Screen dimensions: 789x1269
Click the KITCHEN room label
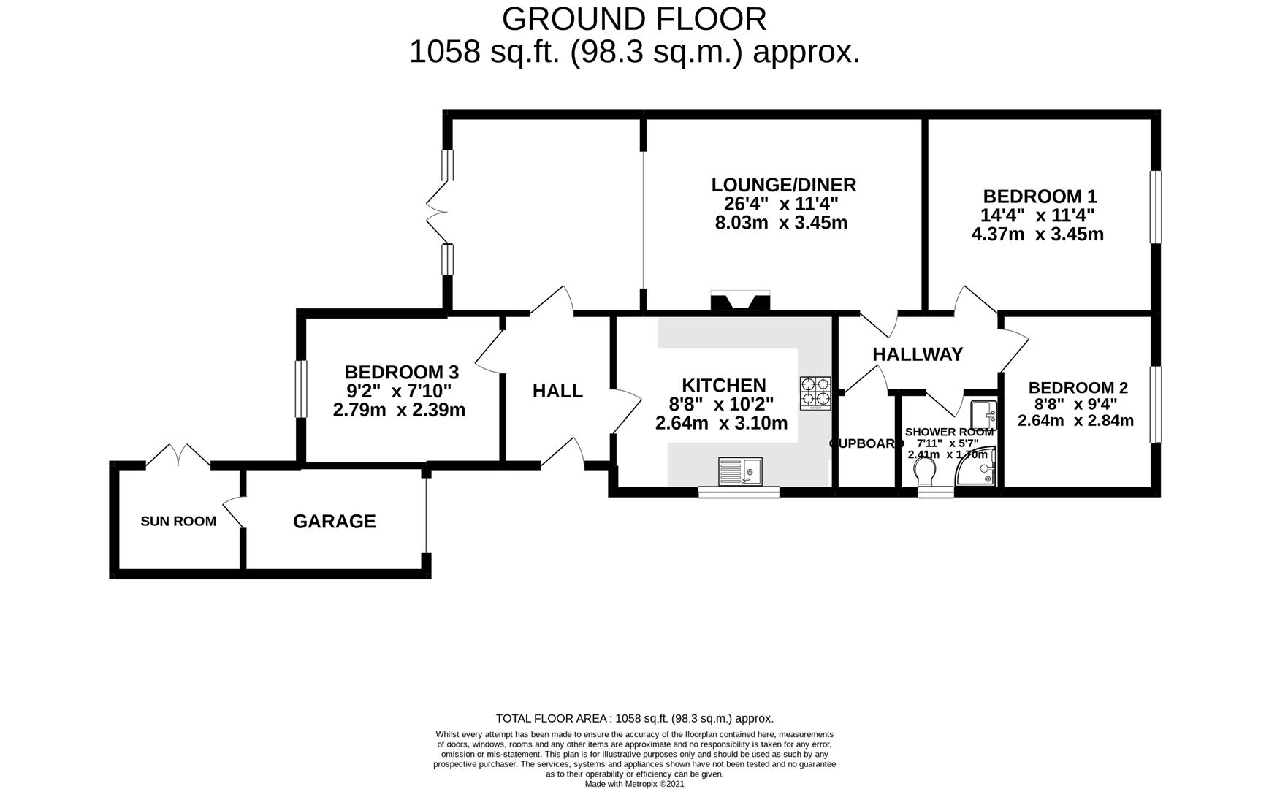pyautogui.click(x=723, y=385)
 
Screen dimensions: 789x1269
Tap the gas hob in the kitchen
pyautogui.click(x=815, y=392)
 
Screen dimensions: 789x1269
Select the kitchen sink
pyautogui.click(x=740, y=470)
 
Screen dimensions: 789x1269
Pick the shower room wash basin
pyautogui.click(x=984, y=415)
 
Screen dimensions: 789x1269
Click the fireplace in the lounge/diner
pyautogui.click(x=740, y=301)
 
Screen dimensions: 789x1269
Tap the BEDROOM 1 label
pyautogui.click(x=1040, y=197)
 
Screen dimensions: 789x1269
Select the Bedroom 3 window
pyautogui.click(x=301, y=389)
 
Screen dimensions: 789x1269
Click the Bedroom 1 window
pyautogui.click(x=1155, y=207)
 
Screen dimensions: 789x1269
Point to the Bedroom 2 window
pyautogui.click(x=1155, y=404)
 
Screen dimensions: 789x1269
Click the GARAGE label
pyautogui.click(x=334, y=521)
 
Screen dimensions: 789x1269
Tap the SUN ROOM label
pyautogui.click(x=178, y=521)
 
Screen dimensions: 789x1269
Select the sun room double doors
pyautogui.click(x=178, y=456)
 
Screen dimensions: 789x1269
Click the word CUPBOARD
pyautogui.click(x=866, y=443)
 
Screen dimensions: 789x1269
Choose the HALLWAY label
pyautogui.click(x=918, y=354)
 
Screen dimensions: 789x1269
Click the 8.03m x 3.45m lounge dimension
pyautogui.click(x=780, y=223)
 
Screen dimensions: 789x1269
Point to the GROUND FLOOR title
pyautogui.click(x=634, y=19)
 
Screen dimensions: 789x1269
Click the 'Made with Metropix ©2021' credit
pyautogui.click(x=634, y=784)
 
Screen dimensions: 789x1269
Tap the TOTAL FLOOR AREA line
pyautogui.click(x=634, y=719)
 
